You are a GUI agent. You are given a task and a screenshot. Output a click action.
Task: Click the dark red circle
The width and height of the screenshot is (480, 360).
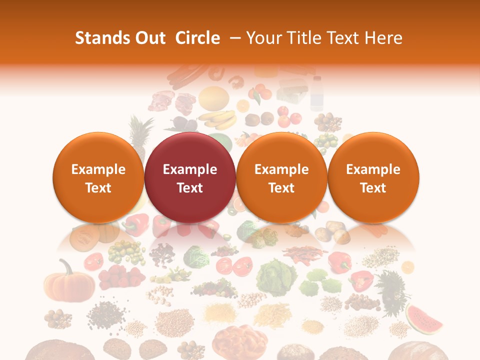[190, 177]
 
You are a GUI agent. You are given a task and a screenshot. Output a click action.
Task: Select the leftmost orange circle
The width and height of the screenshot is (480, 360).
[98, 177]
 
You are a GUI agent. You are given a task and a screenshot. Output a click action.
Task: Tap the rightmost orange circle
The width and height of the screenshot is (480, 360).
[373, 177]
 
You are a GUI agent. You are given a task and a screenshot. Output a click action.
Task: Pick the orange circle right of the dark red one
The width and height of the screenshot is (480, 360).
[281, 177]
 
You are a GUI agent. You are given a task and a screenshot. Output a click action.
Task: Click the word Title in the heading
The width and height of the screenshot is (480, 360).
[304, 38]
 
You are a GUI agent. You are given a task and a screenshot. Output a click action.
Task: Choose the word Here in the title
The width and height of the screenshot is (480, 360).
[383, 38]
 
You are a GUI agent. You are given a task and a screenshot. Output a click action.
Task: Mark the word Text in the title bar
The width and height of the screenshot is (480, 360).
[344, 38]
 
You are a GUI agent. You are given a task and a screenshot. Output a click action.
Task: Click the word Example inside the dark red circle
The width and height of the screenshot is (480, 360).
[190, 169]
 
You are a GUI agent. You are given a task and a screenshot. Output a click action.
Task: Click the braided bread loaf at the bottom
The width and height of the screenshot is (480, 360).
[238, 340]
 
